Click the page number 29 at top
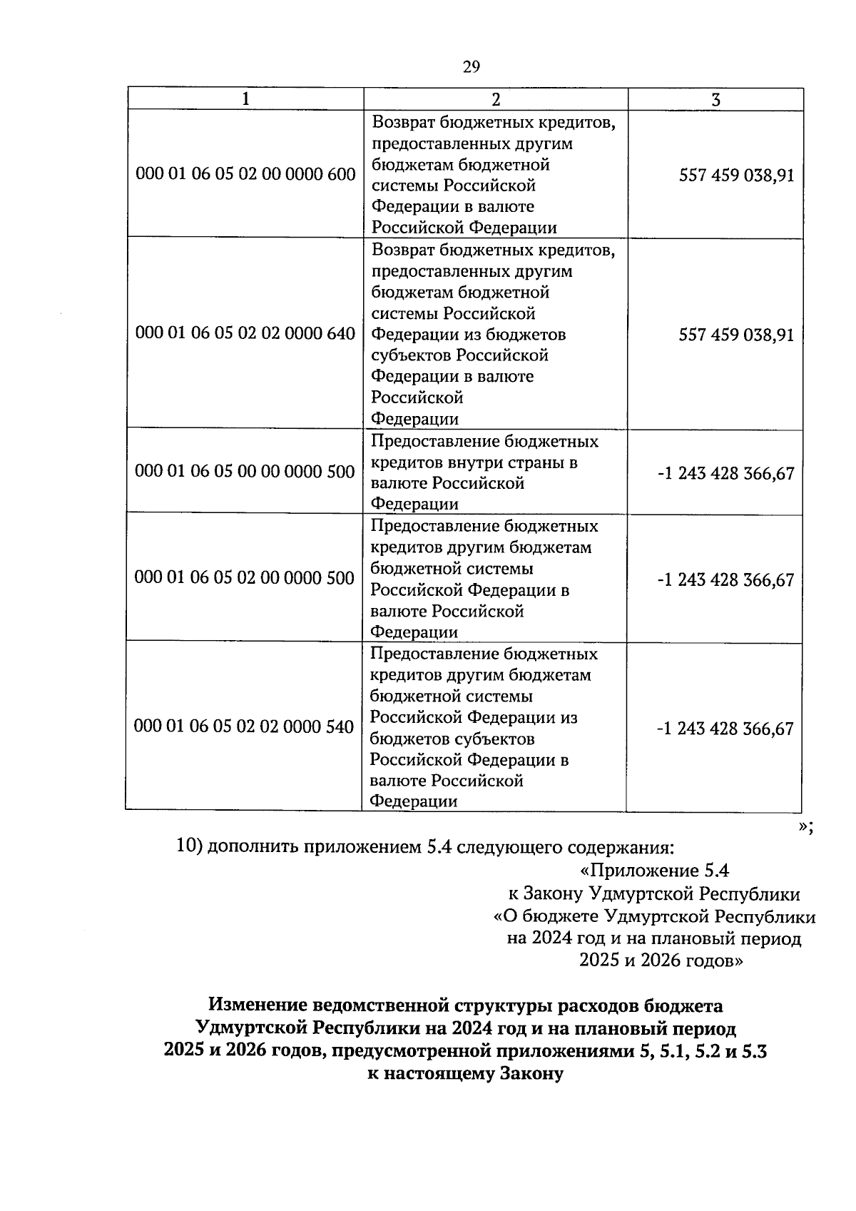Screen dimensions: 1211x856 tap(472, 67)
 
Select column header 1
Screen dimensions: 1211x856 tap(245, 99)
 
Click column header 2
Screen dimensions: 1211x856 tap(496, 99)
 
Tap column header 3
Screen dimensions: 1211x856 tap(715, 100)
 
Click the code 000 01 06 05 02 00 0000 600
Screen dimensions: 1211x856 tap(245, 174)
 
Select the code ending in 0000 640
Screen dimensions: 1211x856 tap(245, 333)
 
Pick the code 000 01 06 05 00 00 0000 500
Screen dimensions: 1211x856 tap(245, 471)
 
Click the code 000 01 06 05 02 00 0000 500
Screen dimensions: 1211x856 tap(245, 577)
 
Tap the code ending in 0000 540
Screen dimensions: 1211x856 tap(244, 726)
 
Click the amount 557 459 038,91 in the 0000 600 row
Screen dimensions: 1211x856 tap(736, 176)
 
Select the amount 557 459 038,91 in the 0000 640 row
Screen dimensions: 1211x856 tap(736, 335)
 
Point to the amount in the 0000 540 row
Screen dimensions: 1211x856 tap(725, 729)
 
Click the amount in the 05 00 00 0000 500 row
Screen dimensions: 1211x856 tap(725, 473)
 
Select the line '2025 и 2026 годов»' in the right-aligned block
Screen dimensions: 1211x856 tap(661, 961)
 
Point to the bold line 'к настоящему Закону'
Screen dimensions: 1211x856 tap(464, 1073)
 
